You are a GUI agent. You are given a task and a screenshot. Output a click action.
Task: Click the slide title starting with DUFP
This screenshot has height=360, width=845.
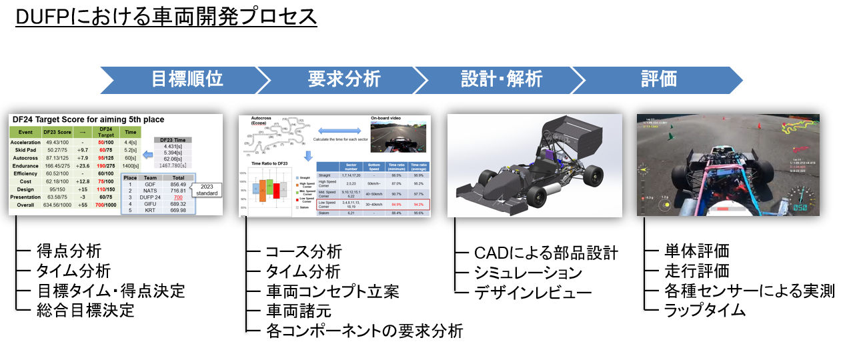click(x=166, y=16)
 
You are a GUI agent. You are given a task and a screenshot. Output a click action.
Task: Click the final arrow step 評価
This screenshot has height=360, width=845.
click(x=658, y=79)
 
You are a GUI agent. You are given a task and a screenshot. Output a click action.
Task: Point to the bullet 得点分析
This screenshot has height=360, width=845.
click(x=69, y=251)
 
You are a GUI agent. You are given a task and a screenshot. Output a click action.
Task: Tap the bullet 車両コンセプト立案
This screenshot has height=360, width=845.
click(x=332, y=291)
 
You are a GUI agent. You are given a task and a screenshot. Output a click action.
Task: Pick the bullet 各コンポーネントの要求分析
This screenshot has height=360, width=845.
click(x=364, y=330)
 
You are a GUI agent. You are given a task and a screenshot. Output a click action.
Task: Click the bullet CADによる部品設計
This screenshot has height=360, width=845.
click(x=546, y=253)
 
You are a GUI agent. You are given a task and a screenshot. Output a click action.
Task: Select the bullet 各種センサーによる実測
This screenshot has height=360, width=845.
click(x=750, y=291)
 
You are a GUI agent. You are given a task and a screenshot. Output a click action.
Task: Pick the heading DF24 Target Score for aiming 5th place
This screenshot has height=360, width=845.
click(x=87, y=119)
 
